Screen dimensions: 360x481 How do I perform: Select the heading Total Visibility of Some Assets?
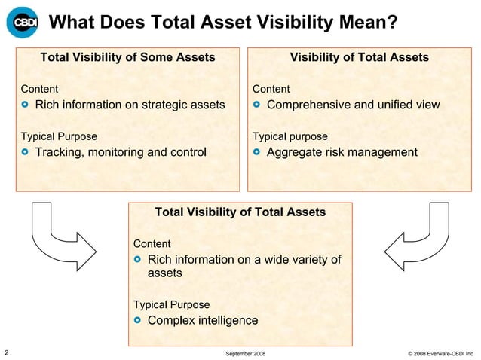point(127,57)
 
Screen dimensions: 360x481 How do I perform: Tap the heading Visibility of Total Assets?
point(360,57)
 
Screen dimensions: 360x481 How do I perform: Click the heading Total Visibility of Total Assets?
point(240,212)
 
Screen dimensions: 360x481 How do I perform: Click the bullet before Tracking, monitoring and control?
point(26,154)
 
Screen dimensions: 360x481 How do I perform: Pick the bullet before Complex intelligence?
point(138,321)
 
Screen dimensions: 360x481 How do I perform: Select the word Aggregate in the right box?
point(296,153)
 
